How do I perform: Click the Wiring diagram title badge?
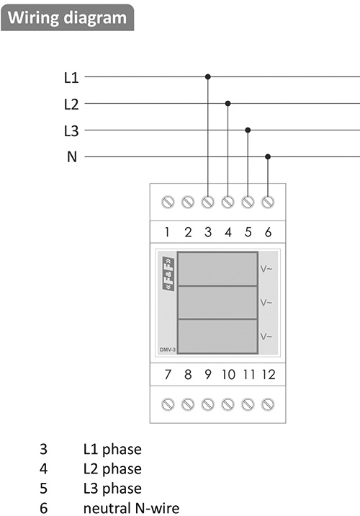click(x=68, y=17)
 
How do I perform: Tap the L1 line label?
click(x=71, y=78)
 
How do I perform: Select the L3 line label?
click(x=71, y=130)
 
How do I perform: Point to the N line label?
click(x=72, y=157)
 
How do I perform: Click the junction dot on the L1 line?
click(x=208, y=77)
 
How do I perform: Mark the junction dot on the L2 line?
click(x=228, y=104)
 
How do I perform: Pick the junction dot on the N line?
click(x=268, y=156)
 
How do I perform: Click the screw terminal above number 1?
click(x=168, y=202)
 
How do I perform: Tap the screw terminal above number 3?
click(x=208, y=202)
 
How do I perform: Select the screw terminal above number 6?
click(x=268, y=202)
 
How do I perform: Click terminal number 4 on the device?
click(x=228, y=232)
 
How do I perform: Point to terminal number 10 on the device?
click(x=228, y=375)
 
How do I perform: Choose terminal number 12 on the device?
click(x=269, y=375)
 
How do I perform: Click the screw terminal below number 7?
click(x=168, y=404)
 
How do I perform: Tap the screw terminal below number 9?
click(x=208, y=404)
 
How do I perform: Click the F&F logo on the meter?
click(x=168, y=274)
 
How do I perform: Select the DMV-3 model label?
click(x=168, y=350)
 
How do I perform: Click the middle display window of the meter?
click(x=217, y=303)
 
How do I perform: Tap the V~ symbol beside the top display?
click(x=266, y=270)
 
